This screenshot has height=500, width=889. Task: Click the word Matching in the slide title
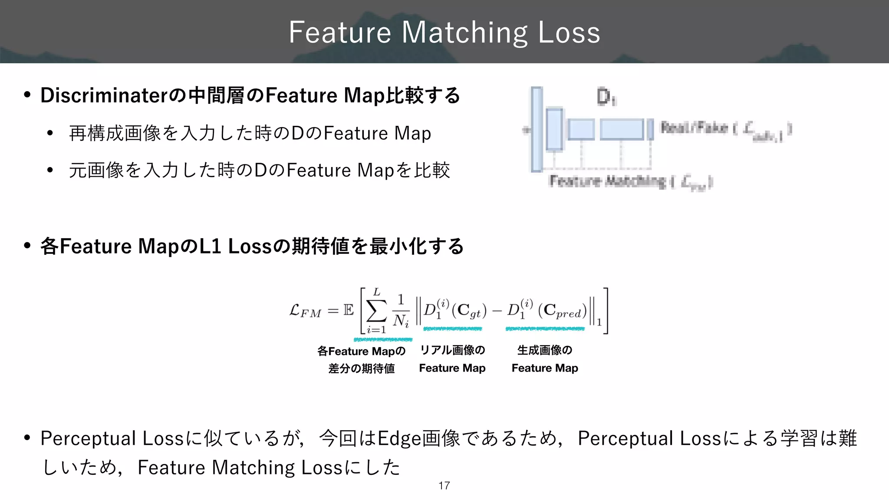(x=464, y=33)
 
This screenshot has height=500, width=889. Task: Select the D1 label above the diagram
(x=606, y=97)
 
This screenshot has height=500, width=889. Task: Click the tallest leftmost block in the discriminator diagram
(x=537, y=129)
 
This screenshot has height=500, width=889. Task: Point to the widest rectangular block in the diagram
(x=622, y=129)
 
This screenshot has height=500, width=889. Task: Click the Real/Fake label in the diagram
(x=694, y=128)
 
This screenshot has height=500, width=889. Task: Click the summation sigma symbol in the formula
(x=376, y=310)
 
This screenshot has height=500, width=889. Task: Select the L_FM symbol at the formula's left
(x=305, y=311)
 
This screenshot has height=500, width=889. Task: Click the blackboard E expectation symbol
(x=348, y=310)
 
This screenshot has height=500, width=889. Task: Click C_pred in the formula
(x=563, y=311)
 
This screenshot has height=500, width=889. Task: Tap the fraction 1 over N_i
(x=401, y=311)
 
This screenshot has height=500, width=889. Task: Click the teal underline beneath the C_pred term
(x=545, y=329)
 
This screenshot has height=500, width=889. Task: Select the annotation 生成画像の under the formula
(x=545, y=350)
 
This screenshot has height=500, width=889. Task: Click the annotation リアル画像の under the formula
(x=452, y=350)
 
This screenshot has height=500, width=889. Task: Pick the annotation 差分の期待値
(x=362, y=368)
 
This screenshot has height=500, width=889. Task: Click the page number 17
(x=444, y=486)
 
